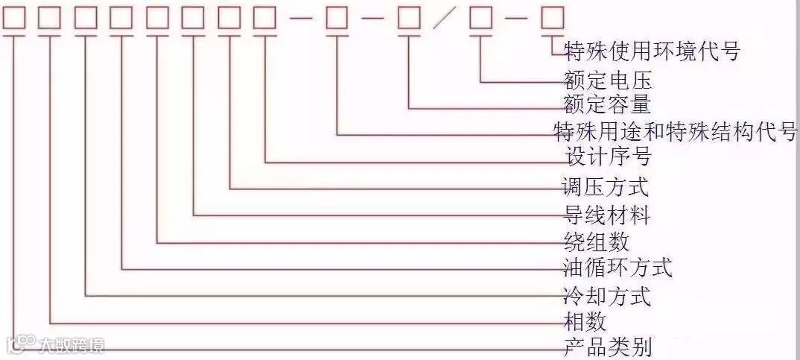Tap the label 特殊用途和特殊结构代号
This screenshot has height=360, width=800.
[676, 132]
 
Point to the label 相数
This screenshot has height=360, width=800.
[585, 322]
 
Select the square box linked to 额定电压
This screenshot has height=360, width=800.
[480, 18]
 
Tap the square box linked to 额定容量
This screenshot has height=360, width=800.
[409, 18]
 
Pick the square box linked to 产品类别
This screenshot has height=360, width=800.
[14, 18]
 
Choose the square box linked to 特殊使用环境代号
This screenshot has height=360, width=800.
[552, 18]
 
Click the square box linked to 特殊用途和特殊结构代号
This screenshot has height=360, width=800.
[337, 18]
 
